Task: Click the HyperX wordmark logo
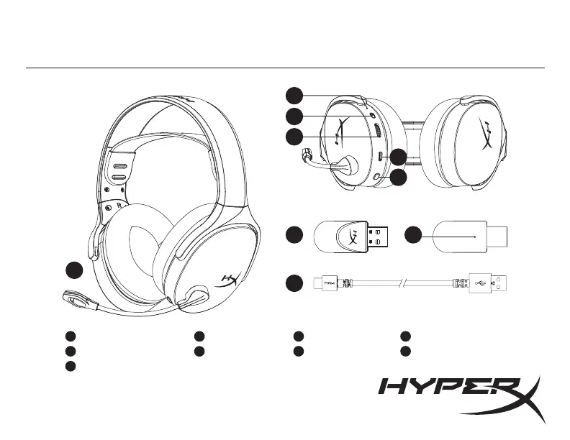(x=461, y=395)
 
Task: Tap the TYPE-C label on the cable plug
(x=328, y=283)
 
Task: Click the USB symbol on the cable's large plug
(x=480, y=283)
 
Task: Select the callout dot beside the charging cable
(x=293, y=283)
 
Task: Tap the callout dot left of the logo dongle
(x=293, y=236)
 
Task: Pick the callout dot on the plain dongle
(x=412, y=236)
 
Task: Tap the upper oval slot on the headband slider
(x=119, y=163)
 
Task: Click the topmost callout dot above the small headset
(x=293, y=95)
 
